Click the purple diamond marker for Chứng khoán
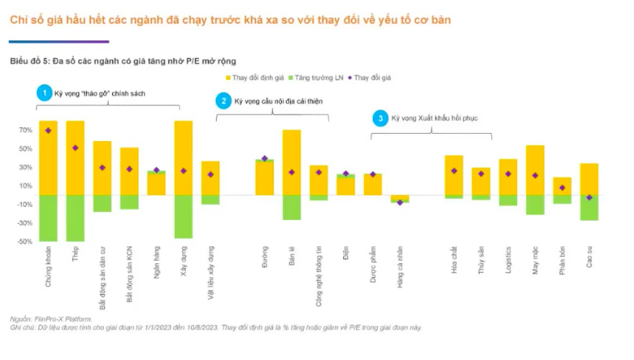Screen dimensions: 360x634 point(48,130)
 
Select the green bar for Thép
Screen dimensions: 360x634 point(75,217)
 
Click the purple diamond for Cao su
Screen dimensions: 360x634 point(589,197)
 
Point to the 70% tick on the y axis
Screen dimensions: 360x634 point(24,130)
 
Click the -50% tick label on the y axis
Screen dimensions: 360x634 point(23,241)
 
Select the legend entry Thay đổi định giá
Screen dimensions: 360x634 point(255,77)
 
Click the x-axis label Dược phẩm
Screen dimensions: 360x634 point(373,265)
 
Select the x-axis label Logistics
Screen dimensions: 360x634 point(508,261)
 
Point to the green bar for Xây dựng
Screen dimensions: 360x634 point(183,216)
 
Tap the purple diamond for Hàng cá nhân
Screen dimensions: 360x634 point(400,202)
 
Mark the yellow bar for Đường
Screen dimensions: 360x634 point(264,178)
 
